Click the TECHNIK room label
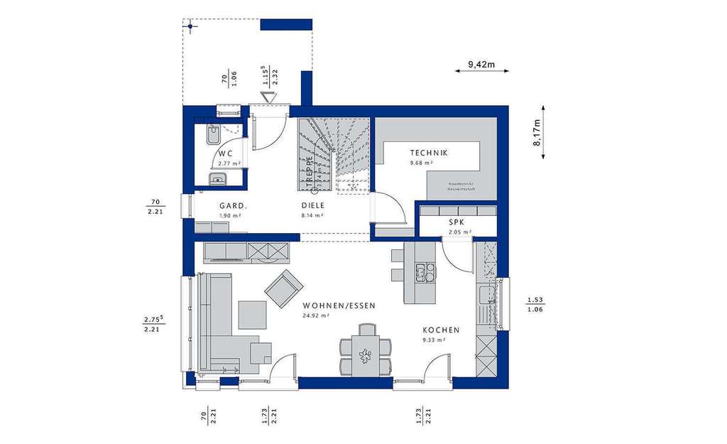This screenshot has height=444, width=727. point(428,153)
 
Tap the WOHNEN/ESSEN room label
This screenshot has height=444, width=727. point(339,305)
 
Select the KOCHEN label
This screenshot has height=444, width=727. point(441,330)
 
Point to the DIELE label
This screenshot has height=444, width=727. point(312,205)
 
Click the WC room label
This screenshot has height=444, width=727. point(226,153)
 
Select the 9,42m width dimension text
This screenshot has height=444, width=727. point(481,65)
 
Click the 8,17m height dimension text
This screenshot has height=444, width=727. point(537,132)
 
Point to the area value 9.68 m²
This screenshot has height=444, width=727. point(421,163)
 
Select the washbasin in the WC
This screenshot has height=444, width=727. point(217,178)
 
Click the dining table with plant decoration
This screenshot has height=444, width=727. point(366,352)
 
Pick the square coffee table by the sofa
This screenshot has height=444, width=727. point(252,315)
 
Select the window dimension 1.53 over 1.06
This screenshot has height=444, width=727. point(535,304)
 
